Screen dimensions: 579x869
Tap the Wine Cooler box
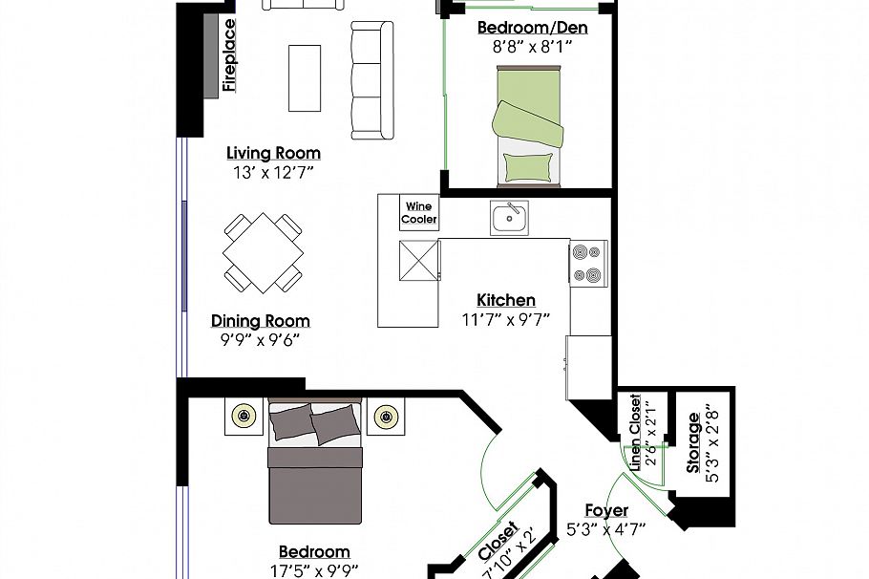pyautogui.click(x=419, y=212)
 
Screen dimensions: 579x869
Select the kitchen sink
pyautogui.click(x=509, y=218)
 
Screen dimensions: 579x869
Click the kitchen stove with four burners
pyautogui.click(x=588, y=263)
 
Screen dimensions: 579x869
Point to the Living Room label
pyautogui.click(x=273, y=153)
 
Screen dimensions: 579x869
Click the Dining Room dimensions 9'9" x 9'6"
pyautogui.click(x=261, y=338)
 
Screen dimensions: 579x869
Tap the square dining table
pyautogui.click(x=264, y=253)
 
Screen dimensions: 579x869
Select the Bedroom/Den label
pyautogui.click(x=532, y=28)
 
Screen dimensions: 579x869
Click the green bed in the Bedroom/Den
pyautogui.click(x=527, y=125)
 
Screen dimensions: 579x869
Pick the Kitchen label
pyautogui.click(x=506, y=300)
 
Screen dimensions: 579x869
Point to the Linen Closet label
pyautogui.click(x=636, y=433)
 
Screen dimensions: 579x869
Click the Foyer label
pyautogui.click(x=606, y=510)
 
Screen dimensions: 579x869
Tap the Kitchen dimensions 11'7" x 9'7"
pyautogui.click(x=506, y=318)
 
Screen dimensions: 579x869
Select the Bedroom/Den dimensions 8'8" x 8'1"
pyautogui.click(x=532, y=46)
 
